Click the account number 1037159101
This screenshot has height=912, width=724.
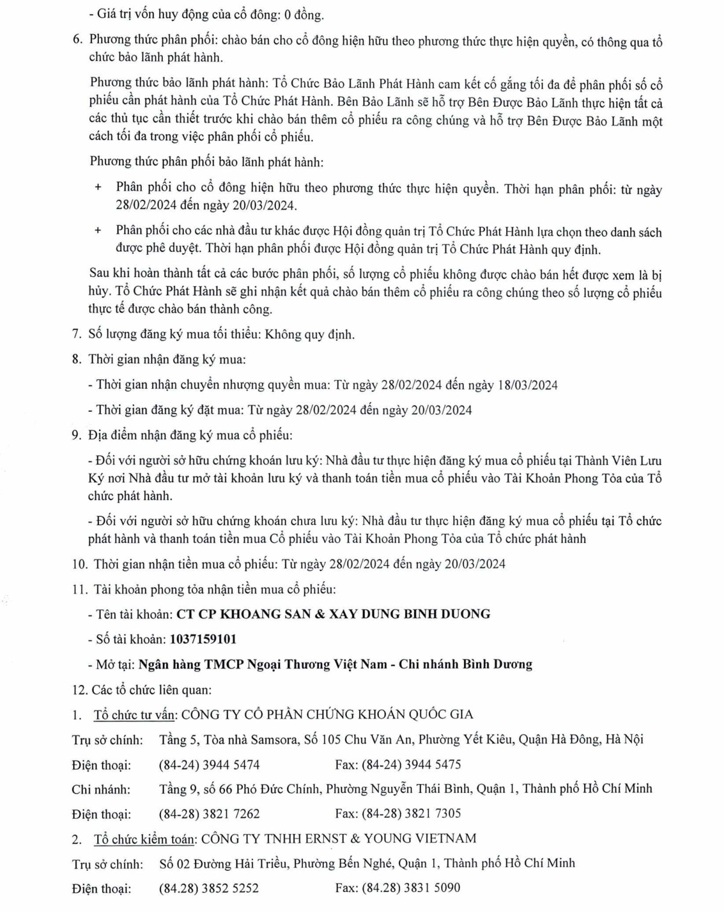click(203, 639)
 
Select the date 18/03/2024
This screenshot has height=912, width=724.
click(528, 385)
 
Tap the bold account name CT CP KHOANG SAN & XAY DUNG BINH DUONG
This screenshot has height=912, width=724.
click(333, 614)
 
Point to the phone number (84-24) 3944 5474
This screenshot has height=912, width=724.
click(209, 765)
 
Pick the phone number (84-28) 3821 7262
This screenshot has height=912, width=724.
click(209, 814)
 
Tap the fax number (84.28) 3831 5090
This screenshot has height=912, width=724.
click(411, 888)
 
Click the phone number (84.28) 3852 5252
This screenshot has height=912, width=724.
click(209, 888)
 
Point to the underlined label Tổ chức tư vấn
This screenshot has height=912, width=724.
click(134, 715)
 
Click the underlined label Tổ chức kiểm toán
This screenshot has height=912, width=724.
click(144, 839)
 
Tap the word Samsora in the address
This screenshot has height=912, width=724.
click(275, 740)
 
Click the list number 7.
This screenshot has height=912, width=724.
click(76, 335)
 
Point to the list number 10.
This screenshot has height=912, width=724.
click(80, 564)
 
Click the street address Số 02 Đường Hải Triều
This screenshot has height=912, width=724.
click(223, 864)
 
